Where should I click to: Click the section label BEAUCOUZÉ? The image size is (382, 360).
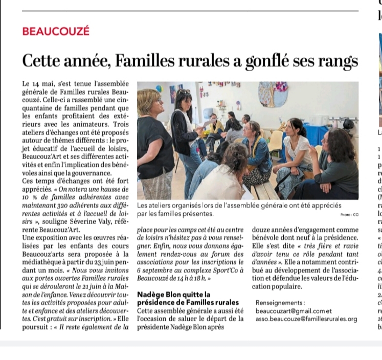click(56, 31)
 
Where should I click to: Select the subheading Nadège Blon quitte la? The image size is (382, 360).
click(174, 295)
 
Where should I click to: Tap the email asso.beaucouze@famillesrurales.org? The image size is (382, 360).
click(306, 319)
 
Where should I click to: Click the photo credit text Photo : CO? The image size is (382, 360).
click(349, 215)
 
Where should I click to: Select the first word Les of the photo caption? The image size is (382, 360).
click(143, 206)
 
